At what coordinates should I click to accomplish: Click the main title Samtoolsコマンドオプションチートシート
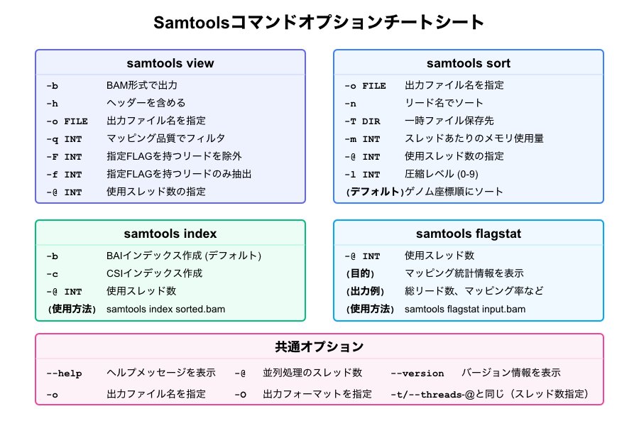(x=319, y=23)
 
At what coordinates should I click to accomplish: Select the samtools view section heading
(x=170, y=63)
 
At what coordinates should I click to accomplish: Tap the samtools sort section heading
(x=469, y=63)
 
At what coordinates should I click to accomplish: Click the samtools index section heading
(x=170, y=234)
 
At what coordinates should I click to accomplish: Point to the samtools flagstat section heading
(x=469, y=234)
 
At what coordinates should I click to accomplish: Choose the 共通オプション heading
(x=319, y=347)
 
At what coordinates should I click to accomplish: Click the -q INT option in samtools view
(x=64, y=138)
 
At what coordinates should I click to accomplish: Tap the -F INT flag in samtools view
(x=64, y=156)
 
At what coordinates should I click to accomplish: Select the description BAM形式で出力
(x=141, y=85)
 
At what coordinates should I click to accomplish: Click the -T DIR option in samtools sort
(x=362, y=121)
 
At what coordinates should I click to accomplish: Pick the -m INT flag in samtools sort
(x=362, y=138)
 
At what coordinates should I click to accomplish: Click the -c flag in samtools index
(x=53, y=273)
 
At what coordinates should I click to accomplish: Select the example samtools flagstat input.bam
(x=465, y=309)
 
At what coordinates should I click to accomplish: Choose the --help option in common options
(x=64, y=373)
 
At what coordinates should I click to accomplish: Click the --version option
(x=417, y=373)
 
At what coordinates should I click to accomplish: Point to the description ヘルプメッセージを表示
(x=161, y=373)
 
